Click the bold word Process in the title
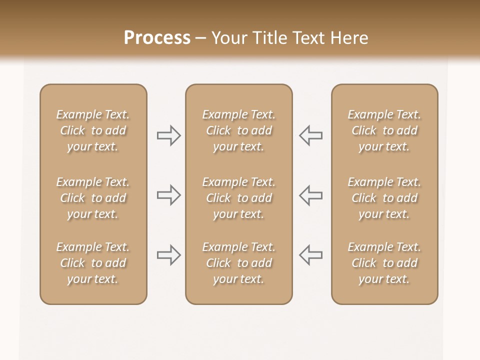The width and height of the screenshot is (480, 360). pyautogui.click(x=157, y=38)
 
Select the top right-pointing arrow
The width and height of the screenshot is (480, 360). pyautogui.click(x=168, y=135)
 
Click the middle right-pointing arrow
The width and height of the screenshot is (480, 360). pyautogui.click(x=168, y=195)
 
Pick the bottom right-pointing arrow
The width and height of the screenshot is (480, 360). pyautogui.click(x=168, y=255)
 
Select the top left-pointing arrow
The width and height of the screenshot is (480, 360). pyautogui.click(x=311, y=135)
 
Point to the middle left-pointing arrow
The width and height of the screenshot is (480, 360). pyautogui.click(x=311, y=195)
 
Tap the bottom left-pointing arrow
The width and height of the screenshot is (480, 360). pyautogui.click(x=311, y=255)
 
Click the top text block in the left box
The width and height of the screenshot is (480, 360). pyautogui.click(x=93, y=130)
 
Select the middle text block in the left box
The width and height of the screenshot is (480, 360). pyautogui.click(x=93, y=198)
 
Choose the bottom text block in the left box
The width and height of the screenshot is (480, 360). pyautogui.click(x=93, y=263)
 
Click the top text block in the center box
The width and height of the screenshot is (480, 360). pyautogui.click(x=238, y=130)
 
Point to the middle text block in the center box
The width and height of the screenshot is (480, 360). pyautogui.click(x=238, y=198)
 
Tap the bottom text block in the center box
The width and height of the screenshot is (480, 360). pyautogui.click(x=238, y=263)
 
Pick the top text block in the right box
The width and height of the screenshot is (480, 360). pyautogui.click(x=384, y=130)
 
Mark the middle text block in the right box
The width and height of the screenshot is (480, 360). pyautogui.click(x=384, y=198)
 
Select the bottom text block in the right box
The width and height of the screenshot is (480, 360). pyautogui.click(x=384, y=263)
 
